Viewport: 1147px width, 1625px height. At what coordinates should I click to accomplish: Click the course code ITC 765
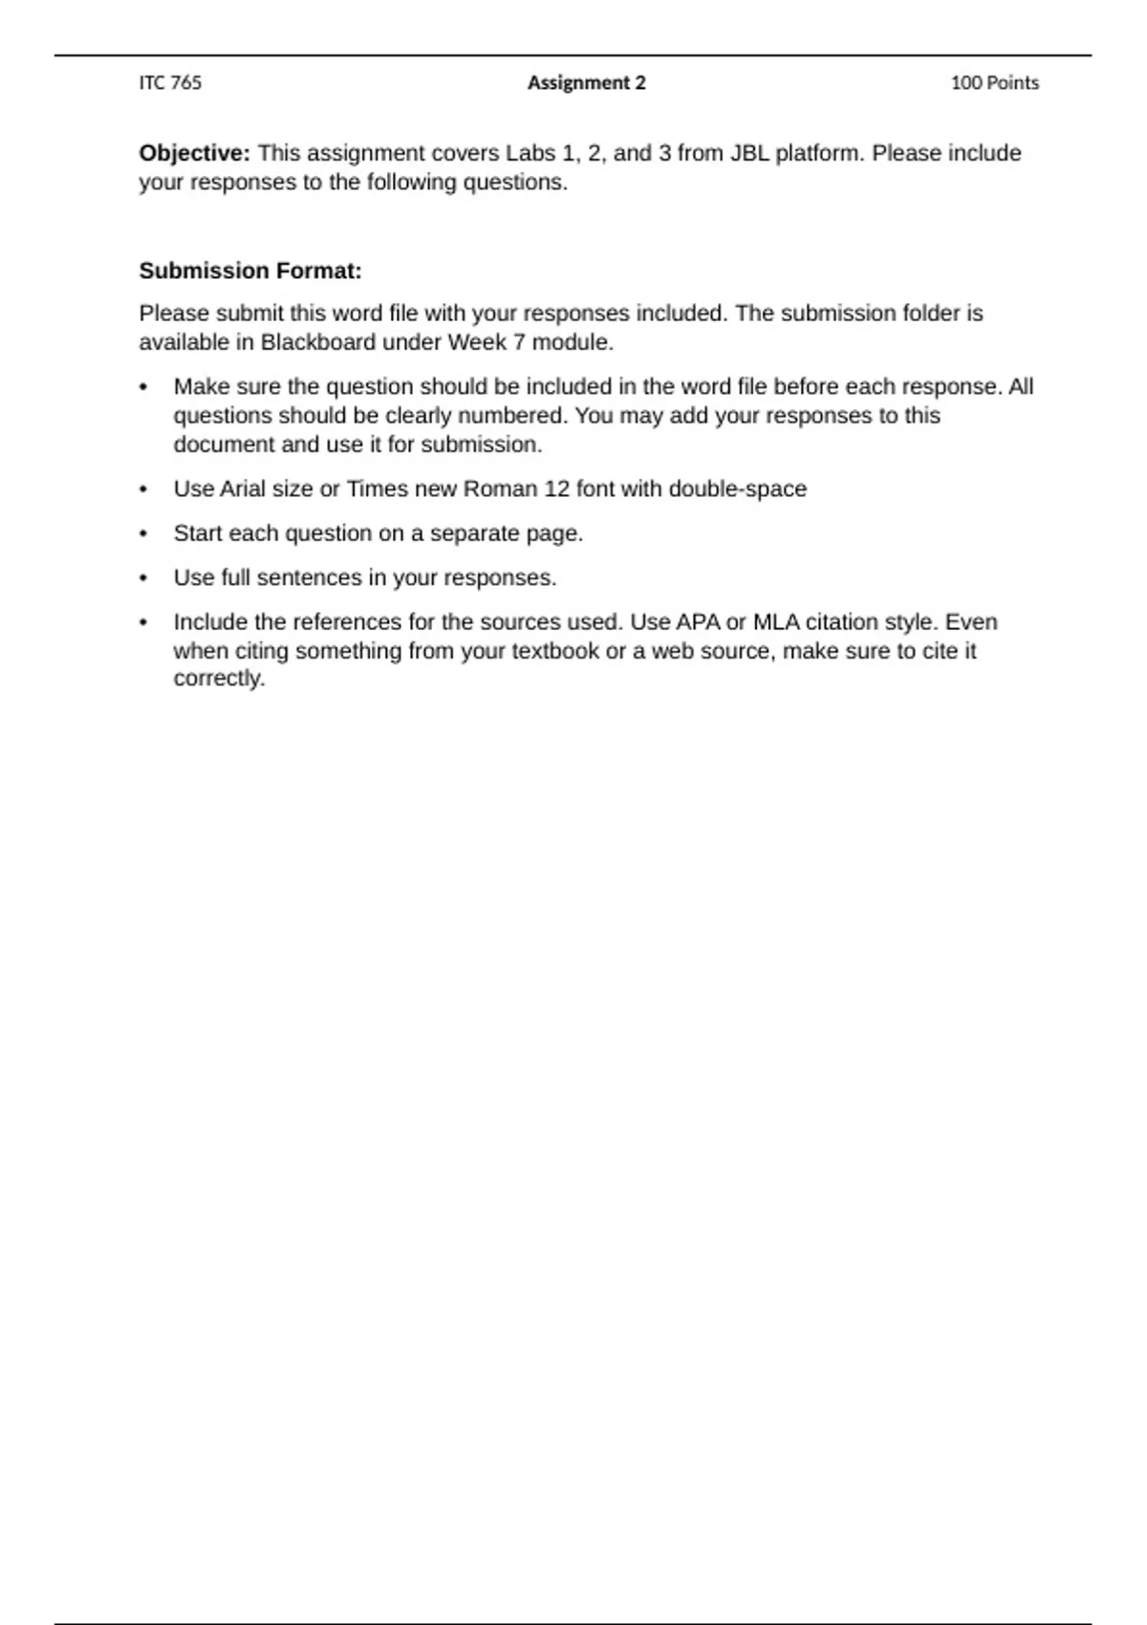170,83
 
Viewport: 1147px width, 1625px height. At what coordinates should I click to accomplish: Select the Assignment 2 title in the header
586,83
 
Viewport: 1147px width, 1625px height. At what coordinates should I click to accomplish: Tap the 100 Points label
994,83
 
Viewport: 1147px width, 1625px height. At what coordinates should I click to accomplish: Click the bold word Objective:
194,153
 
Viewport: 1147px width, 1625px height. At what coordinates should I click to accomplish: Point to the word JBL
749,153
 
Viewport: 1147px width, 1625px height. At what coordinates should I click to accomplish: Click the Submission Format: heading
250,271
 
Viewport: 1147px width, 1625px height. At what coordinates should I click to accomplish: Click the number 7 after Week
520,342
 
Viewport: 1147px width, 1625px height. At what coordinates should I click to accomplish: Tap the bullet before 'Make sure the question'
143,387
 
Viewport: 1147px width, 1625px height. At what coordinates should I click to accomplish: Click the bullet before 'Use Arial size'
143,489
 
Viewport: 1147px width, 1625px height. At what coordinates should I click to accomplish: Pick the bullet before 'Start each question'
143,533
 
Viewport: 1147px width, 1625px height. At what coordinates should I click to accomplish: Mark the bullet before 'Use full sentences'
143,578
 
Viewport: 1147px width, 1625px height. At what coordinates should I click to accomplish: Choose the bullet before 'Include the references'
143,622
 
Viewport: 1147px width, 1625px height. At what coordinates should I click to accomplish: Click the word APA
698,622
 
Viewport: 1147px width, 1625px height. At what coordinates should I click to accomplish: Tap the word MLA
776,622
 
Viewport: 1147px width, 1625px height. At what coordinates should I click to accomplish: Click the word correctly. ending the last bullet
219,679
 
